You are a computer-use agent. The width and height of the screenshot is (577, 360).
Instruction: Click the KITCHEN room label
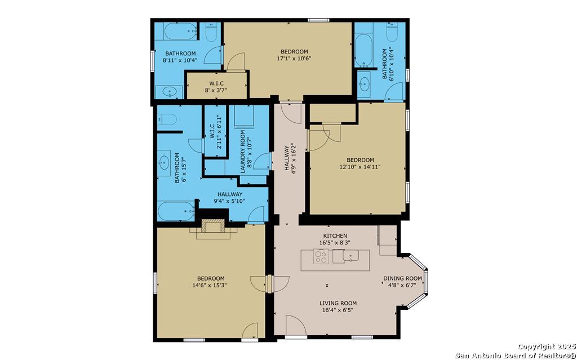pyautogui.click(x=335, y=235)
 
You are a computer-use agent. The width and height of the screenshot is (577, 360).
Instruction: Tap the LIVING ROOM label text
pyautogui.click(x=338, y=303)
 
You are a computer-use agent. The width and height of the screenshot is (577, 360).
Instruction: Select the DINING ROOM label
pyautogui.click(x=402, y=278)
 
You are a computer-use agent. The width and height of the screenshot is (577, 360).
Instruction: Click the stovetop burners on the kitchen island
pyautogui.click(x=321, y=256)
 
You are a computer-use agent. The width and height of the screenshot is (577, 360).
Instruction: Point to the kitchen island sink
pyautogui.click(x=350, y=255)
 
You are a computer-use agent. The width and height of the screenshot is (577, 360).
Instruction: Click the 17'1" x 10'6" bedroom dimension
pyautogui.click(x=294, y=58)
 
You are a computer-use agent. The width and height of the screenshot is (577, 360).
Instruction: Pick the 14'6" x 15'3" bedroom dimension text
pyautogui.click(x=211, y=285)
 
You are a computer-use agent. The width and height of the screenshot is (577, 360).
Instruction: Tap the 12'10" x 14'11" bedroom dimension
pyautogui.click(x=360, y=166)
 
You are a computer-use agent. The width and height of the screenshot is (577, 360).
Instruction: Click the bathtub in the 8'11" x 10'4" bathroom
pyautogui.click(x=180, y=32)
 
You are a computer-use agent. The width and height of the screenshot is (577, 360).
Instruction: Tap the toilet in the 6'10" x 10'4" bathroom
pyautogui.click(x=392, y=32)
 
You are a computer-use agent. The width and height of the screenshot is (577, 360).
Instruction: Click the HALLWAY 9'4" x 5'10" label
pyautogui.click(x=230, y=198)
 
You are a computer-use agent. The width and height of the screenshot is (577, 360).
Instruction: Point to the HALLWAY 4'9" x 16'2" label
pyautogui.click(x=290, y=158)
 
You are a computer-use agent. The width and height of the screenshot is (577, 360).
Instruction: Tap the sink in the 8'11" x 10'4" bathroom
pyautogui.click(x=169, y=92)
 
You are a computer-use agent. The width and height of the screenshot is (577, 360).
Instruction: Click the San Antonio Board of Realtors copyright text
pyautogui.click(x=516, y=351)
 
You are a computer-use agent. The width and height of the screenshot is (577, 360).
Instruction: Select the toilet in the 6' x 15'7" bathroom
pyautogui.click(x=167, y=119)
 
